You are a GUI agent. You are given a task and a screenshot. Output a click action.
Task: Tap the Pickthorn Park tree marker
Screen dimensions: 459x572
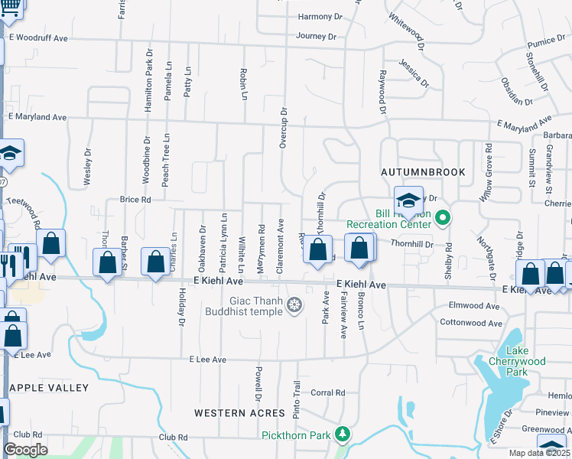(343, 435)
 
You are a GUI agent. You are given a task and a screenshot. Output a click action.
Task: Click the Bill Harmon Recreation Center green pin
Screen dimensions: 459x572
(441, 219)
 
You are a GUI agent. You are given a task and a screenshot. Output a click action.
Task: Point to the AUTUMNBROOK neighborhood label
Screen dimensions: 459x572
(424, 173)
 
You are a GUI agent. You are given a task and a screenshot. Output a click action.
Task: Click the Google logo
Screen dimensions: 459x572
(26, 450)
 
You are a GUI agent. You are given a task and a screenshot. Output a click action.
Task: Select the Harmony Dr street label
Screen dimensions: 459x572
(317, 16)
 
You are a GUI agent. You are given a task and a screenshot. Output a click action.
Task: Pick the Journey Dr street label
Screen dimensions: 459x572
(316, 36)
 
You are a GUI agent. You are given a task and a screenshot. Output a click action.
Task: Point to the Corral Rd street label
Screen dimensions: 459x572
(328, 392)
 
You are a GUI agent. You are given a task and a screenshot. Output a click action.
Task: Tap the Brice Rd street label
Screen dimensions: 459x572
(135, 200)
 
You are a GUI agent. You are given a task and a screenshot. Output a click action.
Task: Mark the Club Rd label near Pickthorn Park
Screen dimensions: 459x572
(173, 438)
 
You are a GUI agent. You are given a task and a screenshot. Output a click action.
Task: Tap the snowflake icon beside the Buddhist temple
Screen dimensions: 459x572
(292, 307)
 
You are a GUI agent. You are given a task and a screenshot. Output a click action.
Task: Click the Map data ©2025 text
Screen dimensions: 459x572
(540, 453)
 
